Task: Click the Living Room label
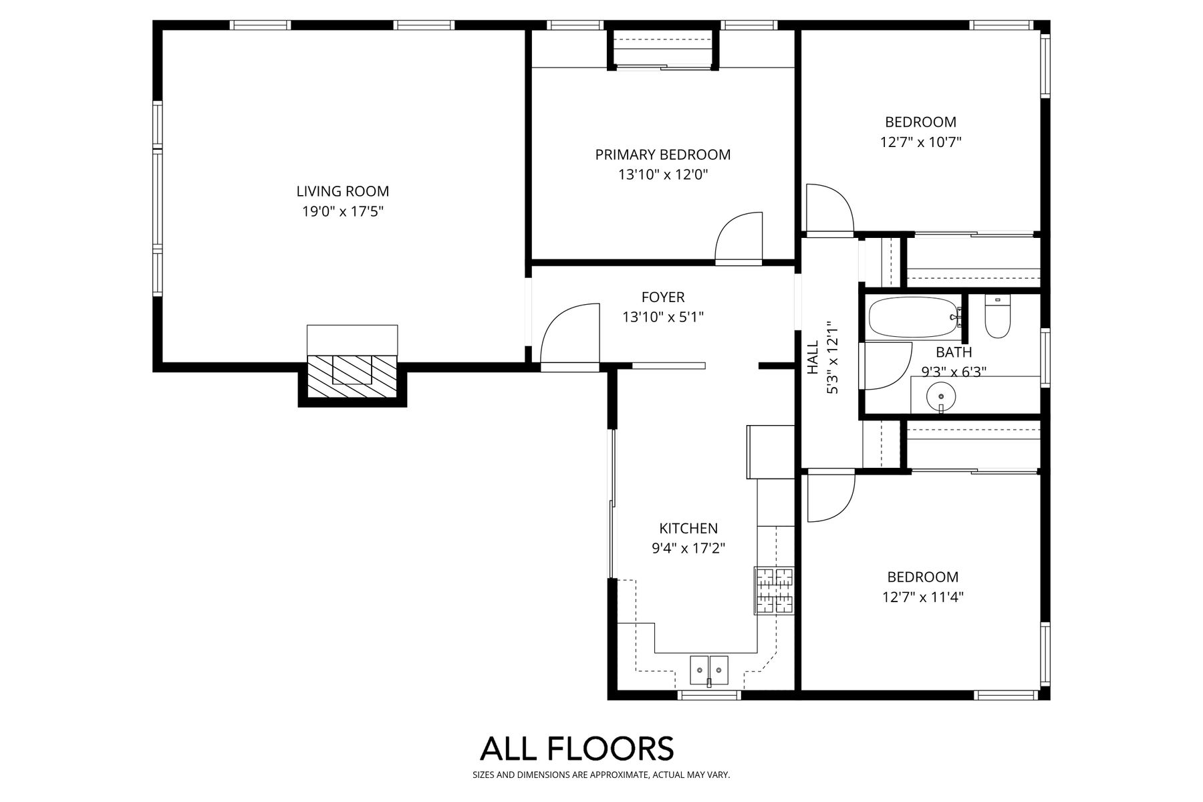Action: (x=342, y=191)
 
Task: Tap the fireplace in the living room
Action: (x=352, y=368)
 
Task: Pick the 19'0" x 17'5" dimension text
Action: (x=342, y=212)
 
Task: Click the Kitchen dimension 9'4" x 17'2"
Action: (x=688, y=549)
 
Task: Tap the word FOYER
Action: (x=663, y=297)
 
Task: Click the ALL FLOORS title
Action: (x=577, y=749)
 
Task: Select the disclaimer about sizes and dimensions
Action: (x=601, y=775)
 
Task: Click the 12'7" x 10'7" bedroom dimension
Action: (x=921, y=142)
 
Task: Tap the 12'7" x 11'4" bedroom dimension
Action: (x=922, y=597)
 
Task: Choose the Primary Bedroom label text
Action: (x=663, y=154)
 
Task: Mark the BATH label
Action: (x=954, y=352)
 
